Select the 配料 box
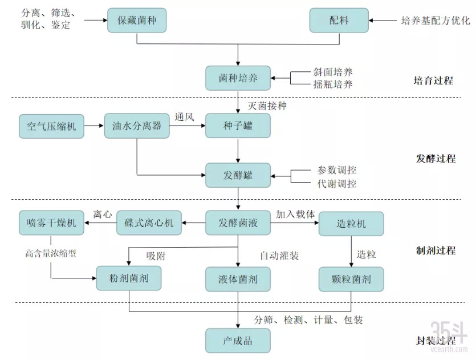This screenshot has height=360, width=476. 339,21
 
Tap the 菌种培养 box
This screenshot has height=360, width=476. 238,78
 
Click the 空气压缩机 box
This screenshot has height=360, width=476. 51,126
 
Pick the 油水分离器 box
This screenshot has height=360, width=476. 137,126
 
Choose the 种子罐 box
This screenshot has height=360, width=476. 238,126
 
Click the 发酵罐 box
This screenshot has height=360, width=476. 238,175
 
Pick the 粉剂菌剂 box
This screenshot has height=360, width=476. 129,279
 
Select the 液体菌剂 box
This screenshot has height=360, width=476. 238,279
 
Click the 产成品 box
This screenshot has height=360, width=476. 238,341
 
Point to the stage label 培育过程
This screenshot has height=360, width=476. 433,80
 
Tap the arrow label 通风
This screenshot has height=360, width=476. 185,118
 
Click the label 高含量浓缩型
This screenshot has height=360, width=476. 51,253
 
